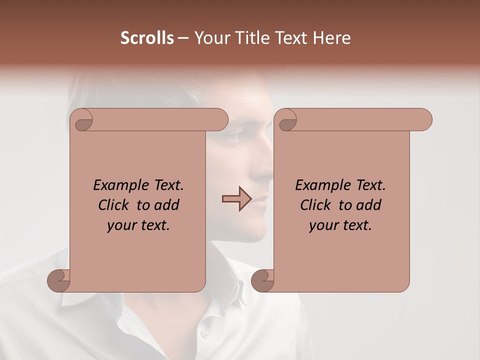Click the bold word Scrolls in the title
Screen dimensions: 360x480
[x=147, y=38]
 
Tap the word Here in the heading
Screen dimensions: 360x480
[x=332, y=38]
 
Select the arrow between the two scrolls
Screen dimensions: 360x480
[x=236, y=199]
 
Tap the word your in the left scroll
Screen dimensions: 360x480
[x=120, y=225]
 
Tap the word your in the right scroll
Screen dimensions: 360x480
[x=322, y=225]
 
